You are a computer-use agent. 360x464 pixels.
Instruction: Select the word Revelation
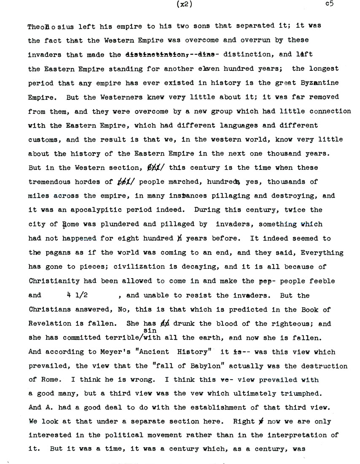[47, 324]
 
